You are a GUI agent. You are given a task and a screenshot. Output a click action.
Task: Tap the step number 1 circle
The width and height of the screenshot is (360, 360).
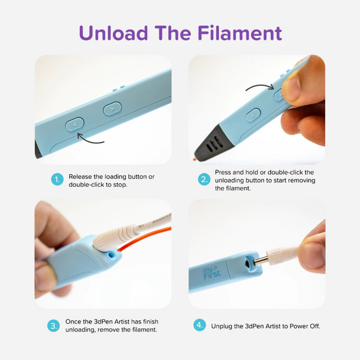(x=57, y=180)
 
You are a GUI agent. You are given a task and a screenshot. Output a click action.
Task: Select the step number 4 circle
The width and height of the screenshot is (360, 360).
(x=200, y=325)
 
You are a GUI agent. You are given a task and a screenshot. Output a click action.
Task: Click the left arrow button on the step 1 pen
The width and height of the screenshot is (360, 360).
(x=74, y=124)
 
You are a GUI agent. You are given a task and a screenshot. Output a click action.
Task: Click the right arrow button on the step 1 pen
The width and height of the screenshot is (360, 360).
(x=112, y=108)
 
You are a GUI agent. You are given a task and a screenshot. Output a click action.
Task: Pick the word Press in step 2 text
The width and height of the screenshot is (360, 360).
(x=223, y=172)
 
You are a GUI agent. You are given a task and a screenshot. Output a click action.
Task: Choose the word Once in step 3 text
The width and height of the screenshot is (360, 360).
(x=73, y=322)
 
